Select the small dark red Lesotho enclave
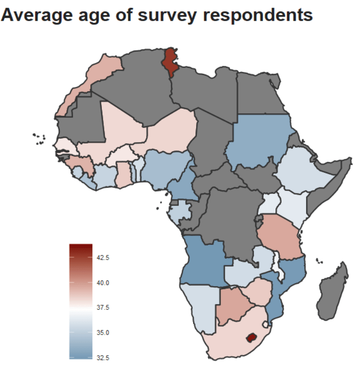coord(250,337)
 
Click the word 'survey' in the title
coord(168,15)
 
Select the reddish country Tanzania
coord(279,235)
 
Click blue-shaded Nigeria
coord(166,166)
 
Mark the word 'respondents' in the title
coord(258,15)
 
